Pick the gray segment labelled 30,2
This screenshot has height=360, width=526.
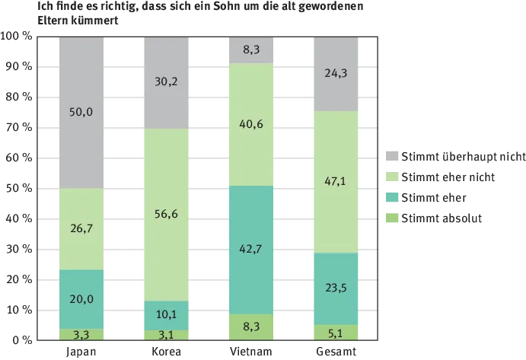click(x=165, y=83)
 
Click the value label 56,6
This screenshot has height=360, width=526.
click(x=165, y=214)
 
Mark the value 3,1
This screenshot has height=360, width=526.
click(x=165, y=334)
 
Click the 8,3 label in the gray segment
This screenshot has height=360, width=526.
click(x=250, y=49)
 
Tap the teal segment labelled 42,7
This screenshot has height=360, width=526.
click(x=250, y=250)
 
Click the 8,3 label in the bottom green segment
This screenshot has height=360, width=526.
click(x=250, y=326)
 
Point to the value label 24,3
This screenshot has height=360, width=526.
click(x=336, y=74)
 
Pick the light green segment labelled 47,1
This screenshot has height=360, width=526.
click(x=336, y=182)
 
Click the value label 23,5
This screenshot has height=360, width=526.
click(x=336, y=288)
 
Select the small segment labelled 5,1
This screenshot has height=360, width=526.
click(x=336, y=332)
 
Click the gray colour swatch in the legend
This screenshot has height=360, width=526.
click(x=392, y=155)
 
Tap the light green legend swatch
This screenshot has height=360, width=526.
click(x=392, y=177)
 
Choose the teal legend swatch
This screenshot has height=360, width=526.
click(x=392, y=199)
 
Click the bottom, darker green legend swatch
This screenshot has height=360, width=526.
click(x=392, y=220)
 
